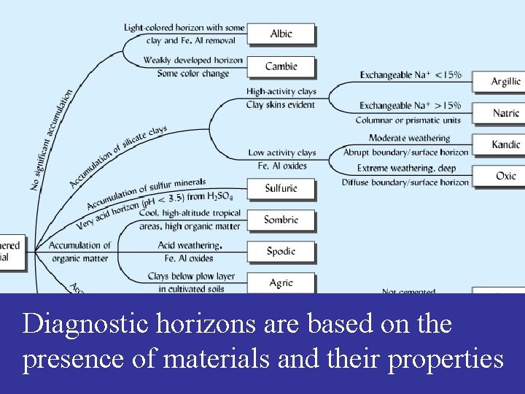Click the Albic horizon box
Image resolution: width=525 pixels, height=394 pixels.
coord(281,34)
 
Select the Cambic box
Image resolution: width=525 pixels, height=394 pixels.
coord(281,66)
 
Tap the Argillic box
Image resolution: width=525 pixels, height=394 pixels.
coord(505,82)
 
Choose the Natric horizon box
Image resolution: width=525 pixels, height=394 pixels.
coord(505,113)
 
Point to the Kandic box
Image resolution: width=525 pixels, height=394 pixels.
coord(505,144)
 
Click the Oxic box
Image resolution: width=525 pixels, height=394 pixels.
coord(505,176)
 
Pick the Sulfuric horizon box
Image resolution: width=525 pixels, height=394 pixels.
coord(281,188)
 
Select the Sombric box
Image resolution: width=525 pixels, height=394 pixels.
coord(281,220)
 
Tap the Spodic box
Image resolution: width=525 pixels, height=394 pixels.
coord(281,251)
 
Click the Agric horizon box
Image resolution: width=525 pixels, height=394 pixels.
coord(281,282)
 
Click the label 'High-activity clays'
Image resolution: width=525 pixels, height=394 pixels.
coord(281,91)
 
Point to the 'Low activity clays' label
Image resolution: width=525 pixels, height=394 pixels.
coord(281,152)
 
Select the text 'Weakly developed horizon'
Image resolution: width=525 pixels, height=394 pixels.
coord(193,60)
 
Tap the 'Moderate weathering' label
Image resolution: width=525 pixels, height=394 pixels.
coord(409,138)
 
